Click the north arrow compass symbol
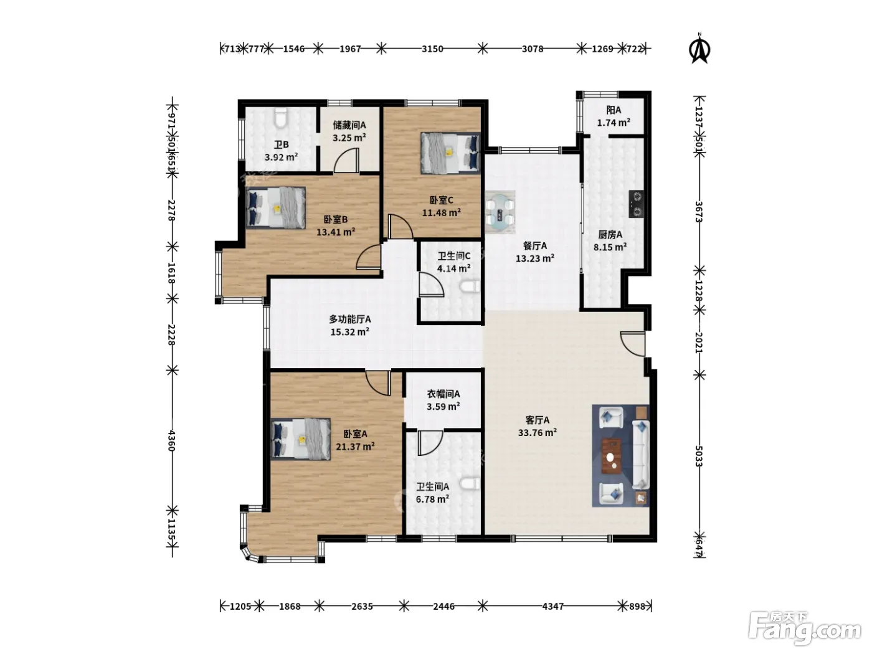[x=699, y=49]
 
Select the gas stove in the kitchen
[x=637, y=204]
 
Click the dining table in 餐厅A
[x=500, y=212]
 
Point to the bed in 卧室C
[x=450, y=153]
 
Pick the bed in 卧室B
[x=276, y=207]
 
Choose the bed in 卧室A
[x=301, y=438]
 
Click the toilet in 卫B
[x=281, y=119]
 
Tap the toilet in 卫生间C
[x=470, y=286]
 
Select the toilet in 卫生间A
[x=470, y=484]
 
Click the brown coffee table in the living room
[x=612, y=457]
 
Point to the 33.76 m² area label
[x=537, y=432]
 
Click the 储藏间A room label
[x=349, y=125]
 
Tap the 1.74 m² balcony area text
[x=614, y=123]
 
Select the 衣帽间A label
[x=443, y=394]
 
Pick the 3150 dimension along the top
[x=432, y=49]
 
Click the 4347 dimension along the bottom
[x=552, y=606]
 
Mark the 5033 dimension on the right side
[x=699, y=457]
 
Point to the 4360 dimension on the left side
[x=171, y=440]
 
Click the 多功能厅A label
[x=350, y=319]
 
